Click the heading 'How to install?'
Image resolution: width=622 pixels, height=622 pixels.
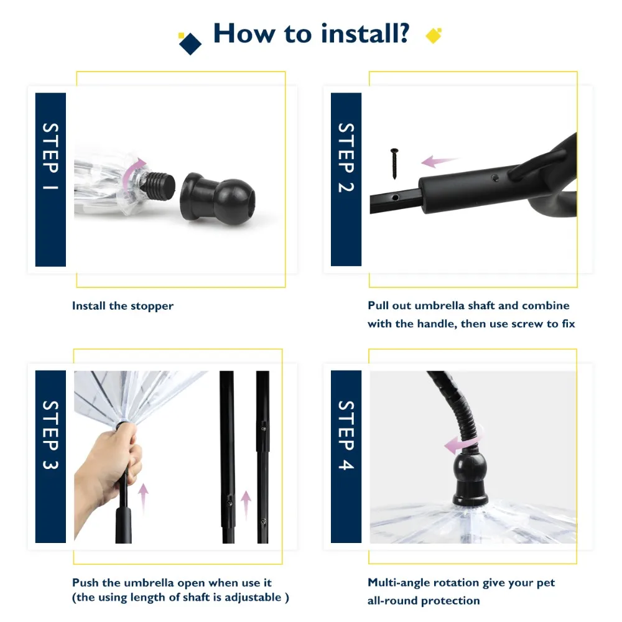(311, 34)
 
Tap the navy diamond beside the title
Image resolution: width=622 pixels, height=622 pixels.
(190, 44)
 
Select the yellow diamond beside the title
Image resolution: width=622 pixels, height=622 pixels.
(434, 35)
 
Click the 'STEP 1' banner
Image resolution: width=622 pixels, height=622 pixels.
(50, 179)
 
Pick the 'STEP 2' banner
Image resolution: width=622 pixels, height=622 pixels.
(346, 179)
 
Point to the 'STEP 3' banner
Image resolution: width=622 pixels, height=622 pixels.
(50, 456)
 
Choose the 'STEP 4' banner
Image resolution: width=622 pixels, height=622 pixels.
(346, 456)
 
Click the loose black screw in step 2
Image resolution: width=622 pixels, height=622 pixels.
(394, 164)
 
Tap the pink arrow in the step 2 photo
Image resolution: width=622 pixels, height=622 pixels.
(440, 160)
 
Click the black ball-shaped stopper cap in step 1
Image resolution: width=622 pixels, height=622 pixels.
(217, 199)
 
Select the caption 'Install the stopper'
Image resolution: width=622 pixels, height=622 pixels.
(123, 306)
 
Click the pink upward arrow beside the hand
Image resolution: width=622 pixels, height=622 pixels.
(143, 498)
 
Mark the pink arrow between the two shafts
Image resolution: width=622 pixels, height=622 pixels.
(246, 504)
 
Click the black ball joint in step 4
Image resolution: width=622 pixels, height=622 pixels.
(470, 479)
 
